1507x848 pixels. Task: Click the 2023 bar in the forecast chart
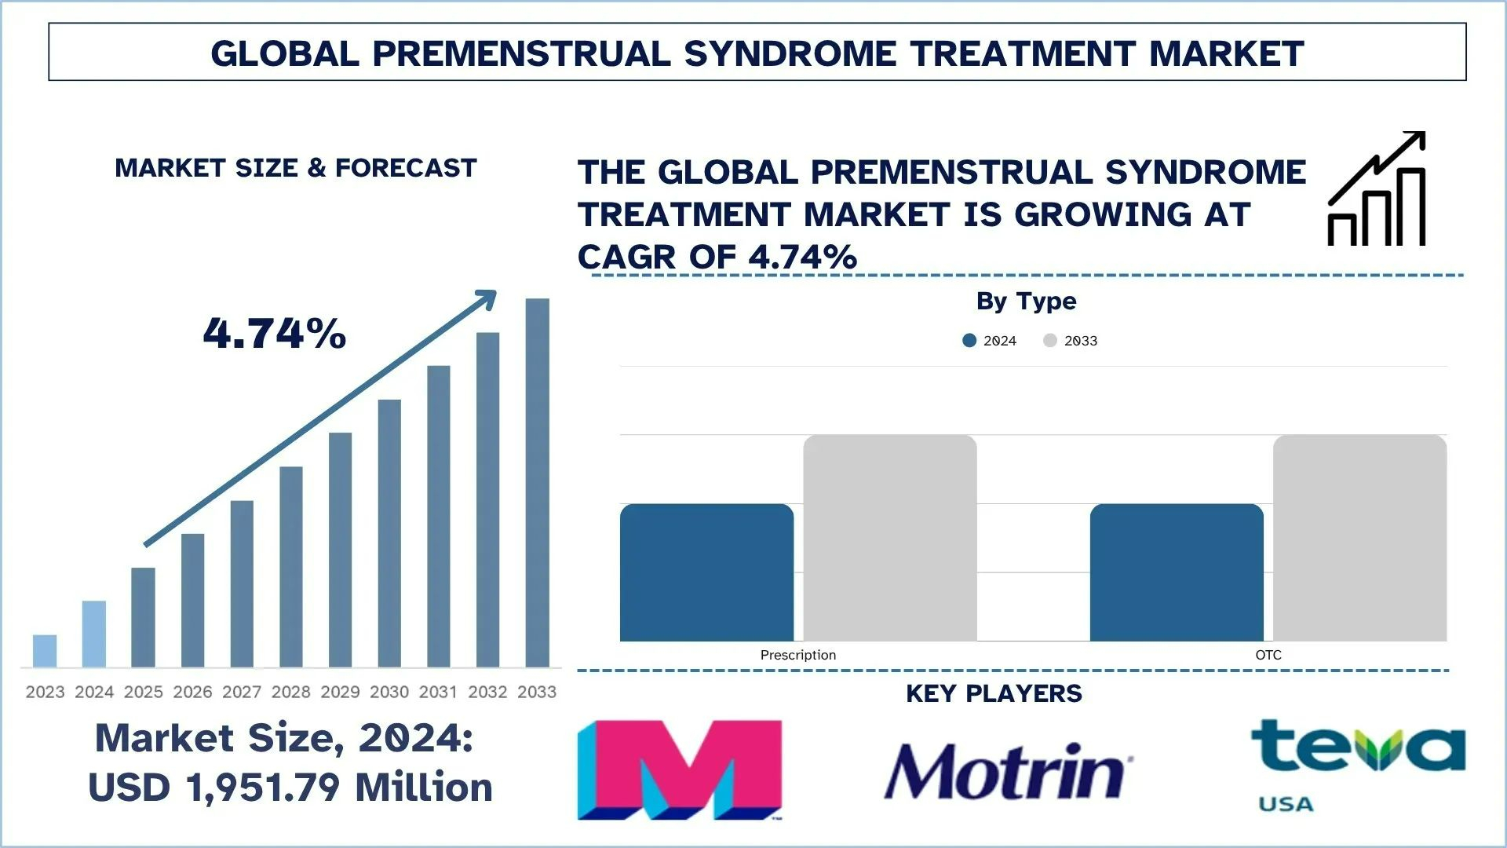45,651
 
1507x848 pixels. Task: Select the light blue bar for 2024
94,634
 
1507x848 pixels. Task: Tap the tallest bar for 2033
537,483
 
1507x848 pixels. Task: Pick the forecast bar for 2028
291,567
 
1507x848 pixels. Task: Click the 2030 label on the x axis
389,692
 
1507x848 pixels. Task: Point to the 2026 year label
192,692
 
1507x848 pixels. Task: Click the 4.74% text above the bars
275,333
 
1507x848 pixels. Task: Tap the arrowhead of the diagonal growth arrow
488,298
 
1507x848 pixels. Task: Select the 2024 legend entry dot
969,341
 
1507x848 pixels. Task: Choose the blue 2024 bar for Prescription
706,572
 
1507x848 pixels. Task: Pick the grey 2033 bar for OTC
1359,538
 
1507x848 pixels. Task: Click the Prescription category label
797,655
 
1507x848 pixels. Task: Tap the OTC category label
1268,655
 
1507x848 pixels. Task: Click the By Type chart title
1026,301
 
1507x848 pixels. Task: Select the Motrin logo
1008,771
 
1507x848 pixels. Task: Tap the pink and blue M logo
680,769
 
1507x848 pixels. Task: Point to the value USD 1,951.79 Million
290,787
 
